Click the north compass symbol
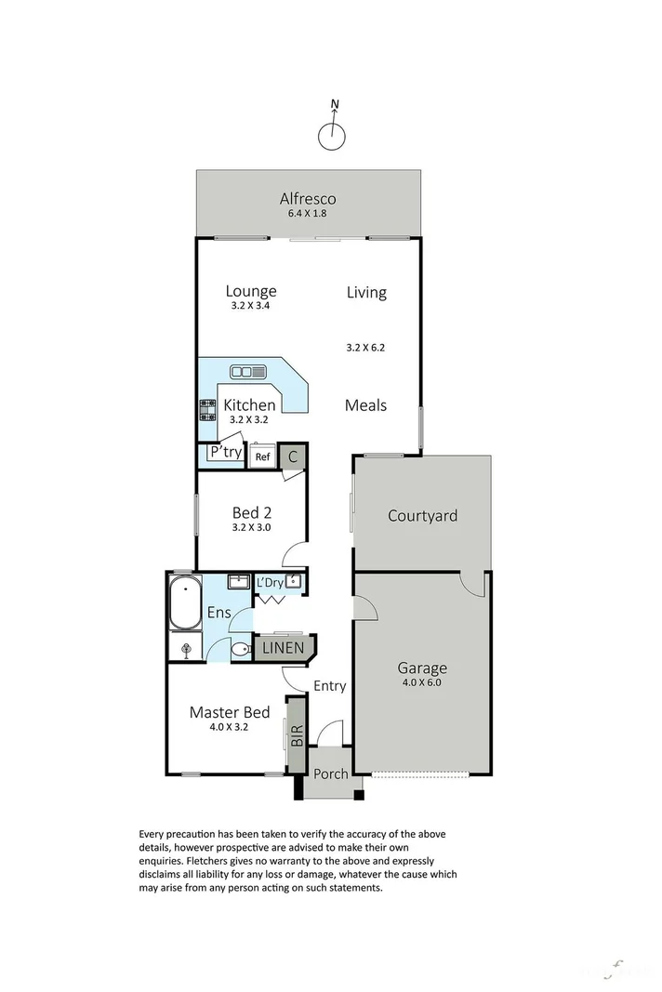coord(332,136)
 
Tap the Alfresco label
coord(308,198)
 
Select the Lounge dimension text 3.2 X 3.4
coord(250,306)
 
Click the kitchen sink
coord(248,372)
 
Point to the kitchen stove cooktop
coord(206,410)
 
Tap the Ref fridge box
coord(262,456)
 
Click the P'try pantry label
coord(225,453)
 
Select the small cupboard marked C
coord(293,456)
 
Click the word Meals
coord(365,405)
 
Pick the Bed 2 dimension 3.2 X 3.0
coord(250,528)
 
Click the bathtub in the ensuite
coord(185,602)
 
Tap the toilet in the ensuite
coord(240,650)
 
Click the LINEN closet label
coord(281,647)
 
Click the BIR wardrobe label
coord(297,738)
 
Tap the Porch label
coord(330,774)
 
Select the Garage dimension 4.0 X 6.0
coord(422,682)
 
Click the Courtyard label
coord(422,515)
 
